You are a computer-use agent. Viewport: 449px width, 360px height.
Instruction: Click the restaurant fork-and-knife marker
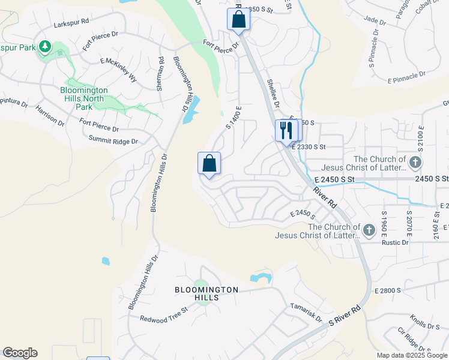tap(286, 130)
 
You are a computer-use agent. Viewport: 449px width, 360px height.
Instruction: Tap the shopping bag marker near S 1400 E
tap(209, 164)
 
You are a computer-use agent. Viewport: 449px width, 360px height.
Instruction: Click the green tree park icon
tap(45, 47)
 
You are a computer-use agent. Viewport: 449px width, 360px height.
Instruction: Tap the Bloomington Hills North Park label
tap(85, 98)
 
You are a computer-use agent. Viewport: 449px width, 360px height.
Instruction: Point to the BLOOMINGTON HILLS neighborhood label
tap(206, 293)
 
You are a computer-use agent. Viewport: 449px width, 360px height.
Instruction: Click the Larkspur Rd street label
tap(71, 22)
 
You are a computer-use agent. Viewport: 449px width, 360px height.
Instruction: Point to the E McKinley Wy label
tap(119, 70)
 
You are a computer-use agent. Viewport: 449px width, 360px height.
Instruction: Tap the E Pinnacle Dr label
tap(406, 78)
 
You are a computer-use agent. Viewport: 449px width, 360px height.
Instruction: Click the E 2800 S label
tap(387, 291)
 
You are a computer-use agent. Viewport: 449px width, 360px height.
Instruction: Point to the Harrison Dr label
tap(50, 116)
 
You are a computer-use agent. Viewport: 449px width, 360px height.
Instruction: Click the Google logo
tap(20, 353)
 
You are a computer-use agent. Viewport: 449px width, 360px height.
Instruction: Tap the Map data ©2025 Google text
tap(412, 355)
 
